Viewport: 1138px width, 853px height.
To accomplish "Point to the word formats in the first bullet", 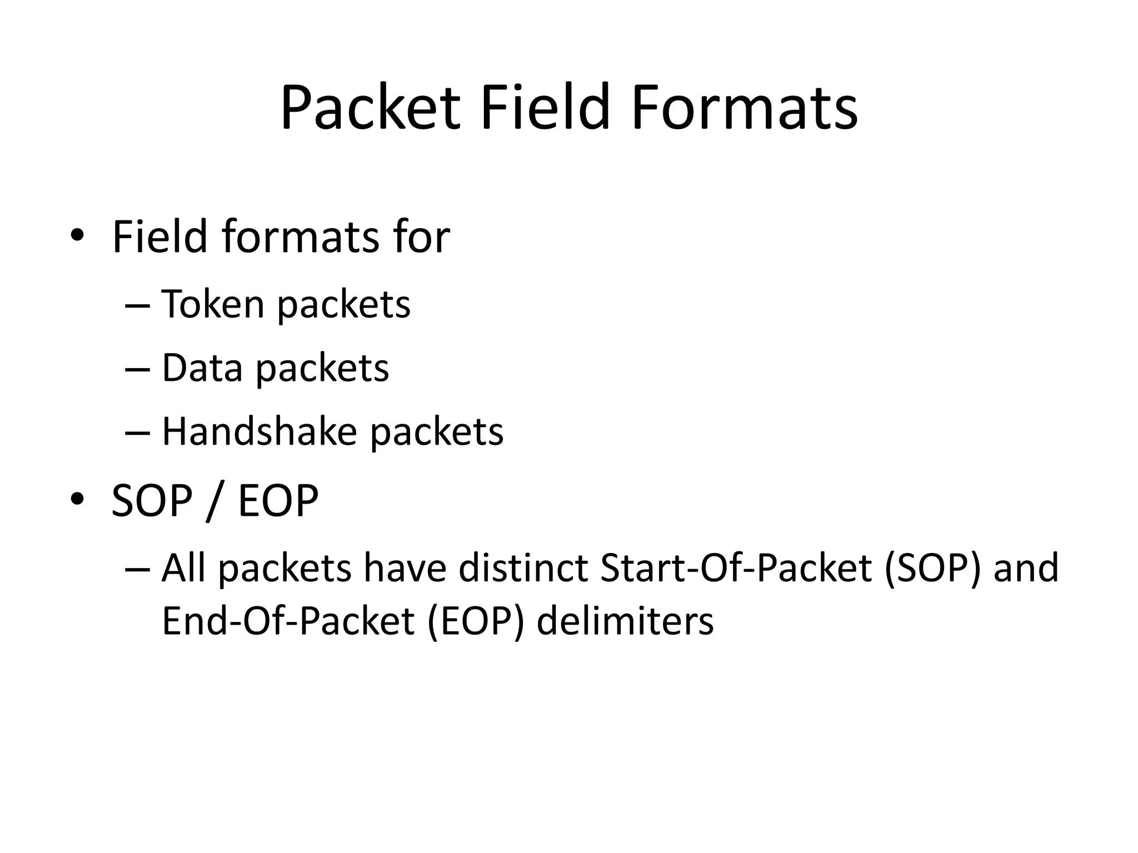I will click(302, 238).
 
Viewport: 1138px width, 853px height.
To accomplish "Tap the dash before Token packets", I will click(138, 305).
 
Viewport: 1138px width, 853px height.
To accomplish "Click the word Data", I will click(202, 368).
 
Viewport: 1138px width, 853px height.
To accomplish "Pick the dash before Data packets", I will click(138, 369).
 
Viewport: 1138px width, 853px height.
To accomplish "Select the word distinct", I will click(523, 569).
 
